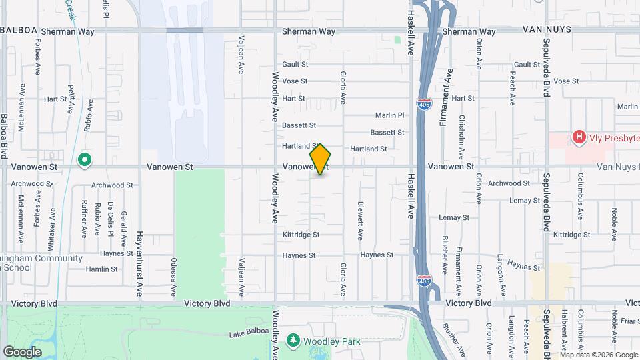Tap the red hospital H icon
(x=579, y=138)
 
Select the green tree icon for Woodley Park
(x=293, y=341)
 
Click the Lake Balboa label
(x=247, y=333)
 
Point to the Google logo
(x=22, y=351)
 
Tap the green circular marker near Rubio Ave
(x=84, y=160)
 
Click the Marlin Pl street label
(x=390, y=115)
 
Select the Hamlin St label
(x=102, y=269)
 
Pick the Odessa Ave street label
(x=173, y=277)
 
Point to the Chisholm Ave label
(x=462, y=133)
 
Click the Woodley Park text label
(x=331, y=341)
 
